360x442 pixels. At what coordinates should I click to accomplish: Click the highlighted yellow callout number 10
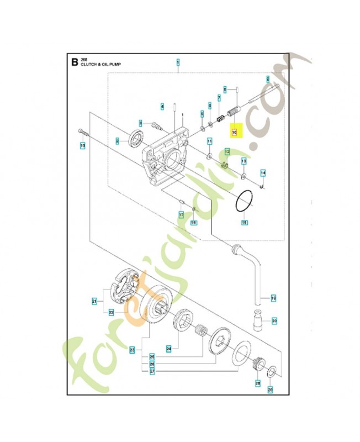[234, 133]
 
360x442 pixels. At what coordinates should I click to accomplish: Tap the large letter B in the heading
[75, 62]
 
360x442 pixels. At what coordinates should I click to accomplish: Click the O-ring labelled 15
[244, 202]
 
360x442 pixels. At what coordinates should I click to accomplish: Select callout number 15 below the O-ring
[244, 223]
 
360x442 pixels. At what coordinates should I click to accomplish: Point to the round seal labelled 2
[135, 138]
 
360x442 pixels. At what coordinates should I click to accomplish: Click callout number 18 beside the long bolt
[83, 146]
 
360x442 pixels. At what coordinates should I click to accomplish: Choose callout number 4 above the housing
[162, 106]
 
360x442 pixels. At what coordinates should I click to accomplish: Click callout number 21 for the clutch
[94, 301]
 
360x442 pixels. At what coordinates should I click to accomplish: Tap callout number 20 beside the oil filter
[274, 320]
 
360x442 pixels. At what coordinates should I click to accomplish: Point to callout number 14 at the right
[263, 173]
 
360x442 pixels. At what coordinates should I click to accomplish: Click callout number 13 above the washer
[243, 160]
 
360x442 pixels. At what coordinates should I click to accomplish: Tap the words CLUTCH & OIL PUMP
[100, 65]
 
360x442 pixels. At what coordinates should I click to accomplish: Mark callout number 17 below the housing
[181, 214]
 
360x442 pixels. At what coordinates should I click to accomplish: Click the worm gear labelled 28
[257, 366]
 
